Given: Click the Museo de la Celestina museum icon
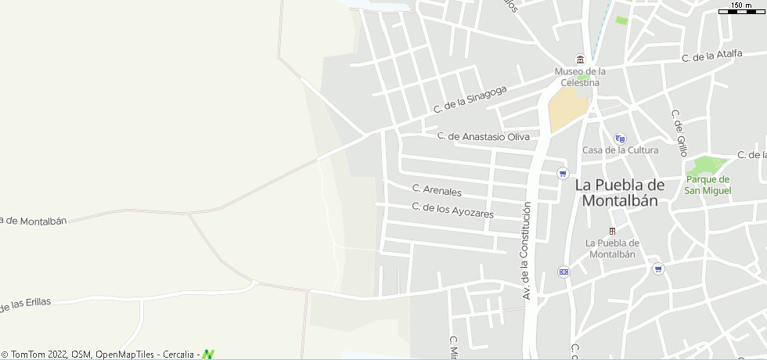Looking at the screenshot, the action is [580, 59].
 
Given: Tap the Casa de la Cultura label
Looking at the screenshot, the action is [620, 149].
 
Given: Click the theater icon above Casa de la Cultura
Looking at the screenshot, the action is [620, 138].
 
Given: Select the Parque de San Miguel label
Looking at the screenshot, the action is [708, 185].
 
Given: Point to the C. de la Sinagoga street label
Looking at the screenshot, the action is [470, 98].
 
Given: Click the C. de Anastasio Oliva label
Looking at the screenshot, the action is [484, 136].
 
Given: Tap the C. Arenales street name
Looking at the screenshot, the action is [437, 190].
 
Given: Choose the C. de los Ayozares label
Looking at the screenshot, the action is [453, 210].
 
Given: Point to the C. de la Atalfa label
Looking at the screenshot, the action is [711, 55].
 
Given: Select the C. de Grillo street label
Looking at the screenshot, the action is [679, 133].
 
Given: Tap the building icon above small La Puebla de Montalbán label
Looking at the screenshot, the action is [612, 231].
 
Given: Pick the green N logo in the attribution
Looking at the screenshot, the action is [208, 355].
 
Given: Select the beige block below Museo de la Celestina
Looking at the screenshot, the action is [566, 109].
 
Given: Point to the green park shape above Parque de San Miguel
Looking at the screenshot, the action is [706, 164].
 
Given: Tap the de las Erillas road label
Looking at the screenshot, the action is [25, 304].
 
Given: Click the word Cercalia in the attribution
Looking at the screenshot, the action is [181, 355].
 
